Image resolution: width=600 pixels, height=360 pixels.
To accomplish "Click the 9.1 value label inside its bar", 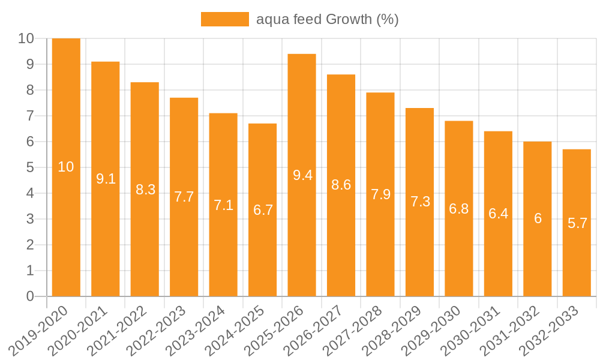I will coord(106,179).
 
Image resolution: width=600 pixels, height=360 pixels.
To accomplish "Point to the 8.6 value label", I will coord(341,185).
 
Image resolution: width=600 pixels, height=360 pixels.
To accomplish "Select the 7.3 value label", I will coord(420,202).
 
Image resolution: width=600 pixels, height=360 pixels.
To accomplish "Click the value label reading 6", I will coord(538,218).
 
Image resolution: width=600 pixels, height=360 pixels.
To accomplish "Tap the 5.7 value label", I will coord(577,224).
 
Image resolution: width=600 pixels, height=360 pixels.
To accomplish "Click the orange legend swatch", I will coord(224,19).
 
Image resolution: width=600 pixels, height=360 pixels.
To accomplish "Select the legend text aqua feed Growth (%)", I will coord(327,19).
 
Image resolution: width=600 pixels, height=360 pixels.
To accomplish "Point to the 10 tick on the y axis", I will coord(26,38).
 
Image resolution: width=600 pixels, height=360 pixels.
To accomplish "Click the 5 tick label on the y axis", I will coord(30,167).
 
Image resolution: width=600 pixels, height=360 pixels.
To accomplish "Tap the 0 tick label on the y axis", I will coord(30,296).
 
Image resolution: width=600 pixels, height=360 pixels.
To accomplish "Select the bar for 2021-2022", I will coord(145,240).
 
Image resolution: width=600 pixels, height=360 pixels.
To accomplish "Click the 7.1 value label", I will coord(223,205).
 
